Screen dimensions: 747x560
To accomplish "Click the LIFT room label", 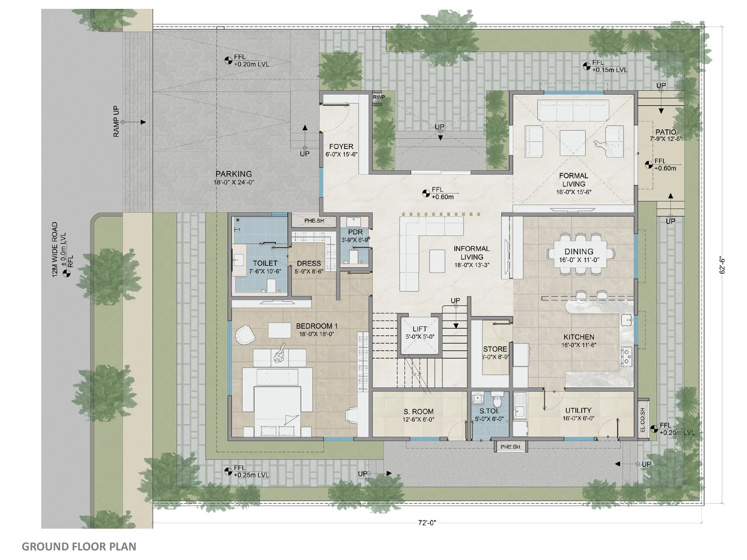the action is point(420,329).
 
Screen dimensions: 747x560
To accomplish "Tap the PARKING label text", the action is point(234,174).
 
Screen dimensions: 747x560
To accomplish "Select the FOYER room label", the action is point(341,147).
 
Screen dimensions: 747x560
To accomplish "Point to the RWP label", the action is point(379,97).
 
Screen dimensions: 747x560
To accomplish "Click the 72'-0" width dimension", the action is point(427,523).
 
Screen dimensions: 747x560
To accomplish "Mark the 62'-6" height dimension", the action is point(722,266).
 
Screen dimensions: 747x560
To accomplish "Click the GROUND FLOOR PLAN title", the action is point(79,546).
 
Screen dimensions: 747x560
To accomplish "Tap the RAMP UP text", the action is point(116,121).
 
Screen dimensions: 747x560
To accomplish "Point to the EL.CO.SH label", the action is point(642,420).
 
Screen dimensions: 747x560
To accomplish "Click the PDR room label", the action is point(355,232).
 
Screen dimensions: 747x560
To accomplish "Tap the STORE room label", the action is point(495,349).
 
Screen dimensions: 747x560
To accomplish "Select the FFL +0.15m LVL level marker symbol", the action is point(586,66).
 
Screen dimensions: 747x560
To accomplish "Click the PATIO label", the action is point(666,132).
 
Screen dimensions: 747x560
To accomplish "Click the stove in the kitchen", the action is point(627,357).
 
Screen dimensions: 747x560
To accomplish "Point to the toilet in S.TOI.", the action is point(497,401).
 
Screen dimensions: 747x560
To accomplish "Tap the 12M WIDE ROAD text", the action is point(55,250).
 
